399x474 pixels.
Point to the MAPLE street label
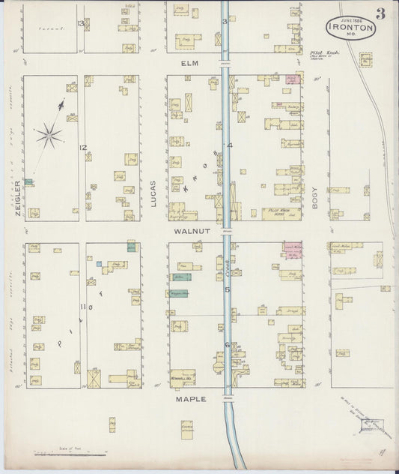pos(190,399)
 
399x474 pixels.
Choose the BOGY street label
pos(315,196)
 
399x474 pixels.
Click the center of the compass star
pos(49,136)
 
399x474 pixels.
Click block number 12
pos(85,147)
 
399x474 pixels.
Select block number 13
pos(80,23)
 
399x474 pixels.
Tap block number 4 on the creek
pos(231,145)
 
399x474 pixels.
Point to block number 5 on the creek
pos(228,289)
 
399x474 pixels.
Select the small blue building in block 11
pos(99,263)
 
